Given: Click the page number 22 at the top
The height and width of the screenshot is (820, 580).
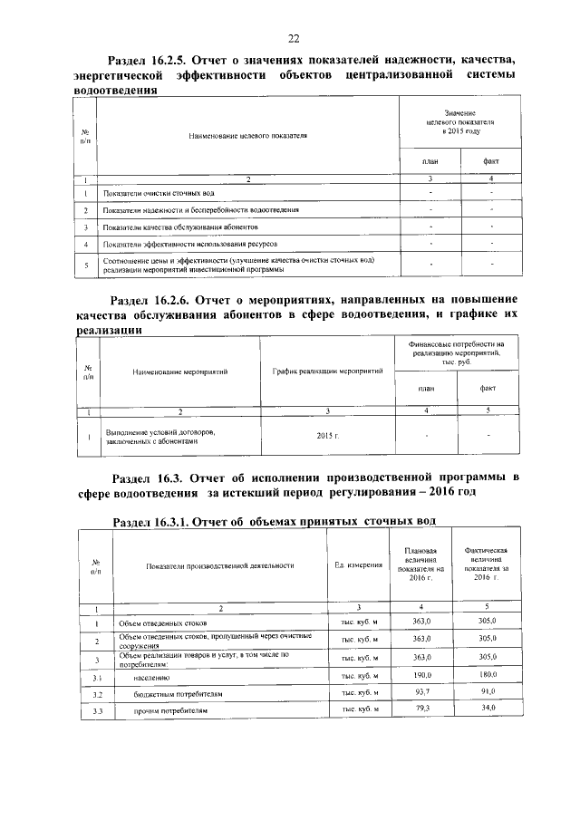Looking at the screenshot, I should point(294,37).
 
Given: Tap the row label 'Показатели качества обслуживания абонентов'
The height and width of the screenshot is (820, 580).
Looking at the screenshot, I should point(181,227).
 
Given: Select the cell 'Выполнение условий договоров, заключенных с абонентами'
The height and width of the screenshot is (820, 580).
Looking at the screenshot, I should point(164,437).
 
